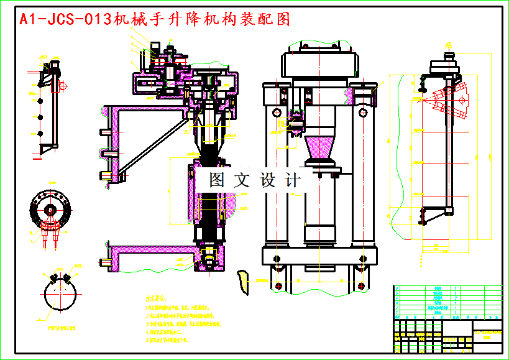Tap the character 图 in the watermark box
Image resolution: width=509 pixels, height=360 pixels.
tap(217, 180)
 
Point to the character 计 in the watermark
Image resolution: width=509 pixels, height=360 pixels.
tap(291, 180)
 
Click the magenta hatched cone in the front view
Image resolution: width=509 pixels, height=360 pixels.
tap(321, 150)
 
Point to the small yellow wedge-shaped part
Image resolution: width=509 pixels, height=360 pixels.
tap(242, 280)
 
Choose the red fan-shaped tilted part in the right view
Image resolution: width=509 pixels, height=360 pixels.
tap(449, 101)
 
